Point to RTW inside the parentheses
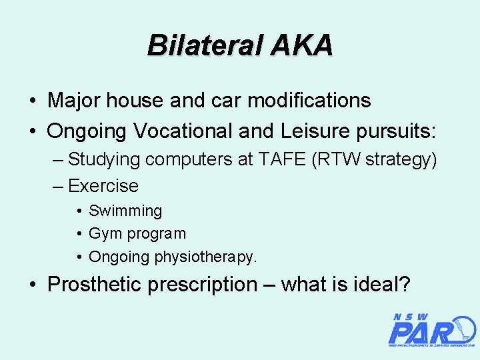(336, 160)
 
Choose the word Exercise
(103, 185)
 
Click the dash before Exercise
(58, 185)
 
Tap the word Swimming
(125, 211)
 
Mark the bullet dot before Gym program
(79, 234)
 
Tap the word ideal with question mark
(382, 285)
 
